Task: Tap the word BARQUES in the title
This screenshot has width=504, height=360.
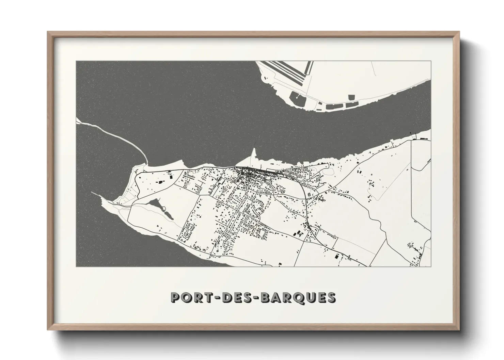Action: [x=299, y=297]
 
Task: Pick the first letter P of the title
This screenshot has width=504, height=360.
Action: [x=176, y=297]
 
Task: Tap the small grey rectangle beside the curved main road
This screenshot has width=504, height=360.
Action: [x=309, y=194]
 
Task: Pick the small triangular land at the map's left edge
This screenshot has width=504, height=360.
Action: [x=79, y=120]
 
